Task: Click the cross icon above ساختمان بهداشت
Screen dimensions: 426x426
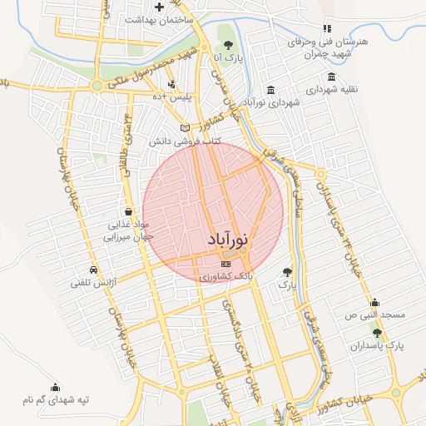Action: (x=159, y=7)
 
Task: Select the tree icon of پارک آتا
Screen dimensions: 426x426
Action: (x=228, y=45)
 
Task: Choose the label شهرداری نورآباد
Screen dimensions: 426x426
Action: (x=270, y=103)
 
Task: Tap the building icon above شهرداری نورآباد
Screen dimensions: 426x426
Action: (x=271, y=90)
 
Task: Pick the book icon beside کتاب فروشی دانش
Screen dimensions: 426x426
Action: (x=186, y=128)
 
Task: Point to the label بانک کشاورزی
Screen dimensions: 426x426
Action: (x=225, y=274)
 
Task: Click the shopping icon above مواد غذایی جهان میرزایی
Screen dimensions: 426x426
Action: (x=126, y=211)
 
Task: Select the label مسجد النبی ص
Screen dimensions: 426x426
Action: (x=375, y=315)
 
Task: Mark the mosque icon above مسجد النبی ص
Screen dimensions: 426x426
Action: (x=374, y=302)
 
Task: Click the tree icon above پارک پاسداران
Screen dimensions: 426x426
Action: (x=377, y=333)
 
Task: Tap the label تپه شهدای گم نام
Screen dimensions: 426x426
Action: (x=56, y=400)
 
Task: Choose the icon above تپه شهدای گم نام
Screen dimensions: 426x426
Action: (x=55, y=387)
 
